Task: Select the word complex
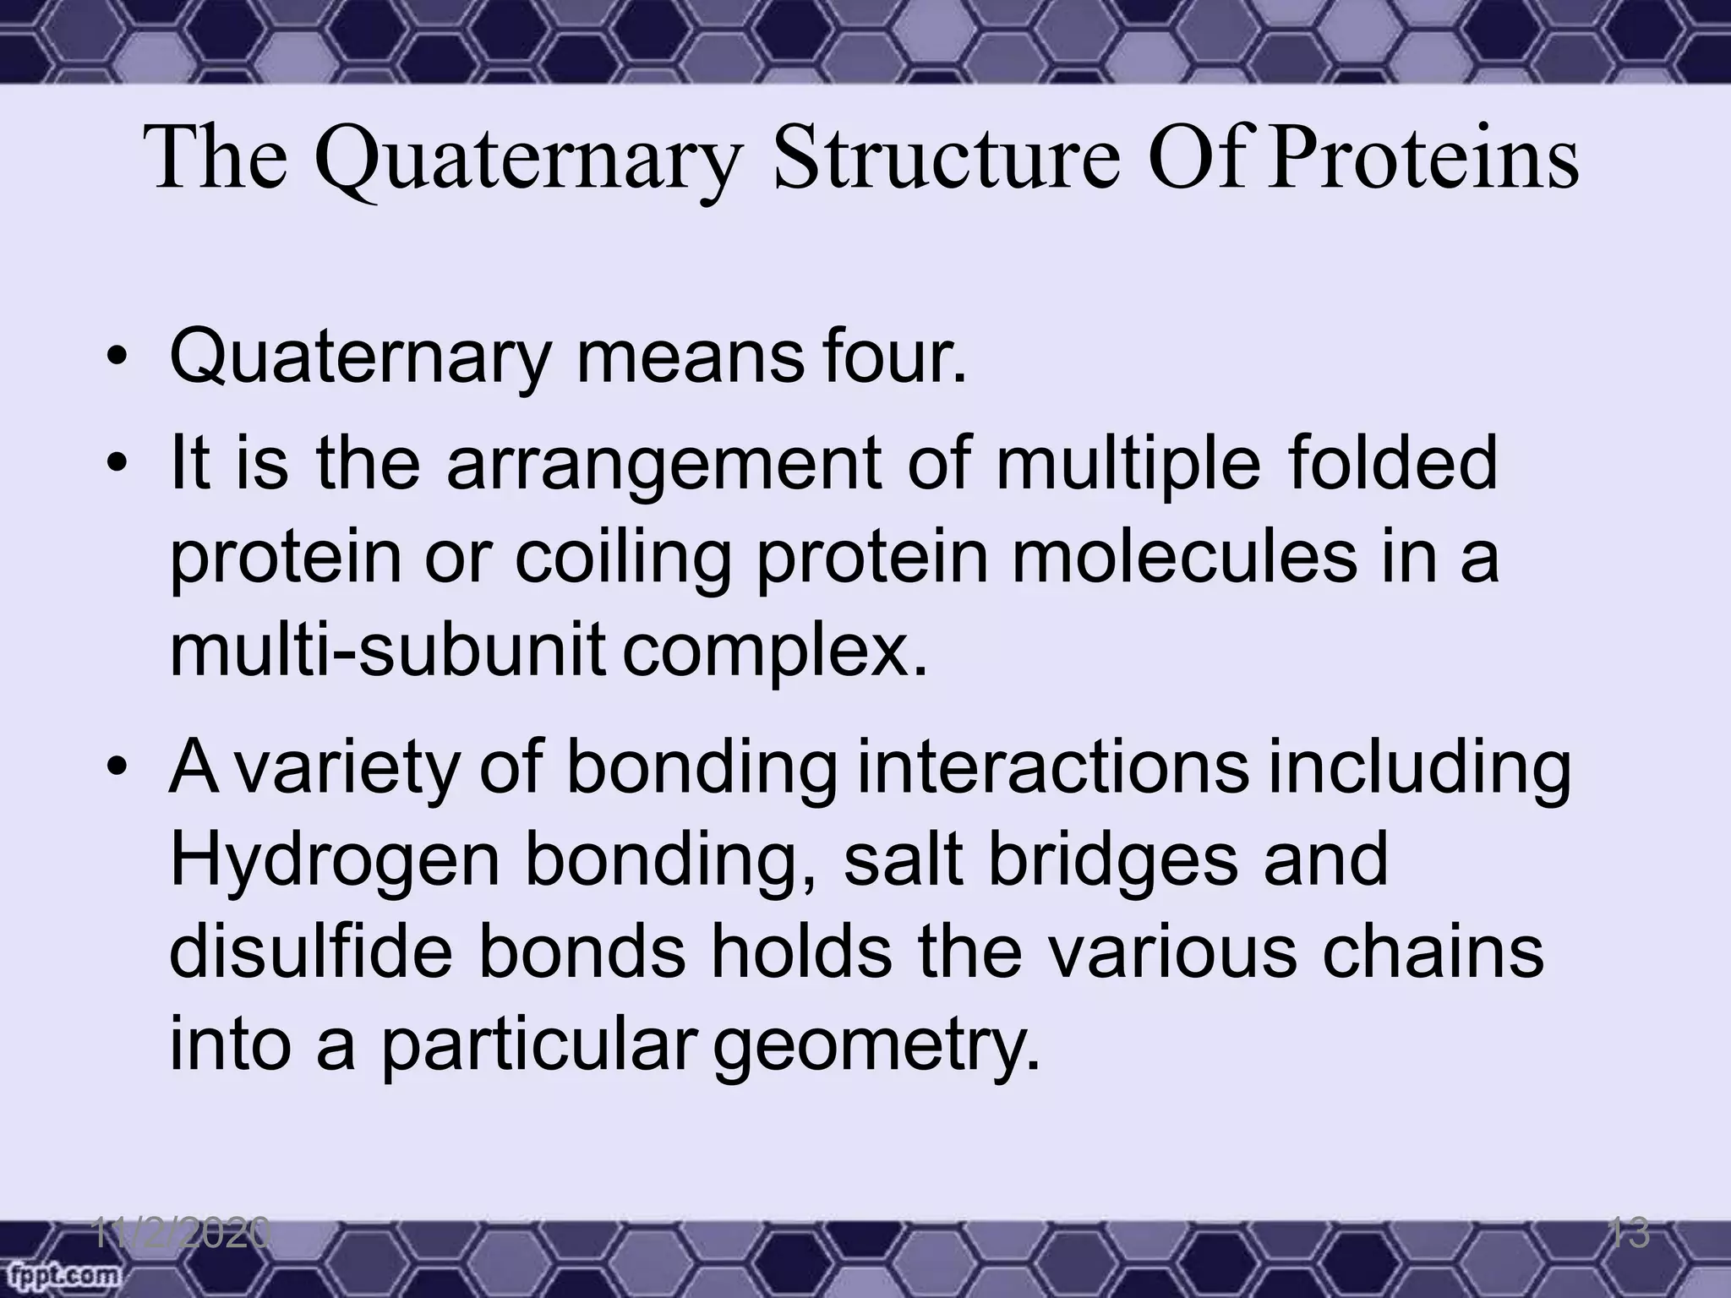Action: [775, 652]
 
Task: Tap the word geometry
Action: [876, 1048]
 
